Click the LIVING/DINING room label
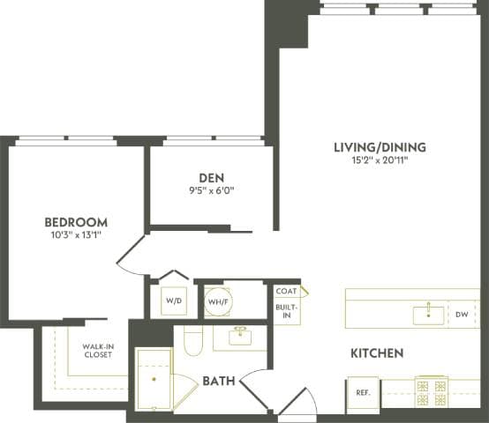coord(380,146)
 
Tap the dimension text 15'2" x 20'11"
coord(380,160)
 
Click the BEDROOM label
coord(76,222)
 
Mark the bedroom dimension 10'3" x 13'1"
coord(76,235)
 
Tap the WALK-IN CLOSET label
coord(98,351)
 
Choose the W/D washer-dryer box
coord(173,301)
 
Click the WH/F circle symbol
coord(218,301)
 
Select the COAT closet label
coord(285,291)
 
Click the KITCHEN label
coord(377,353)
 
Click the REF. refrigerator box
coord(362,393)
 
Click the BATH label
coord(218,382)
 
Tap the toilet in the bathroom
coord(192,341)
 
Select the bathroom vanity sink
coord(237,337)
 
